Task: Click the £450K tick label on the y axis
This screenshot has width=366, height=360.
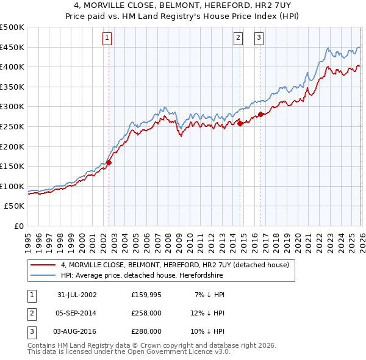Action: click(x=12, y=47)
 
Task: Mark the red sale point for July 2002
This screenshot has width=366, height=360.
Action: click(x=109, y=163)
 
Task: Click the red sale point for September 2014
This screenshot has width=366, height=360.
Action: click(x=240, y=123)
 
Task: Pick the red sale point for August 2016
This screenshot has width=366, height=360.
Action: click(x=260, y=114)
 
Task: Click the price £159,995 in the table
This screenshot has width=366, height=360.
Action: click(x=146, y=295)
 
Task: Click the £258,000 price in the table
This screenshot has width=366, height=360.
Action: click(x=146, y=313)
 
